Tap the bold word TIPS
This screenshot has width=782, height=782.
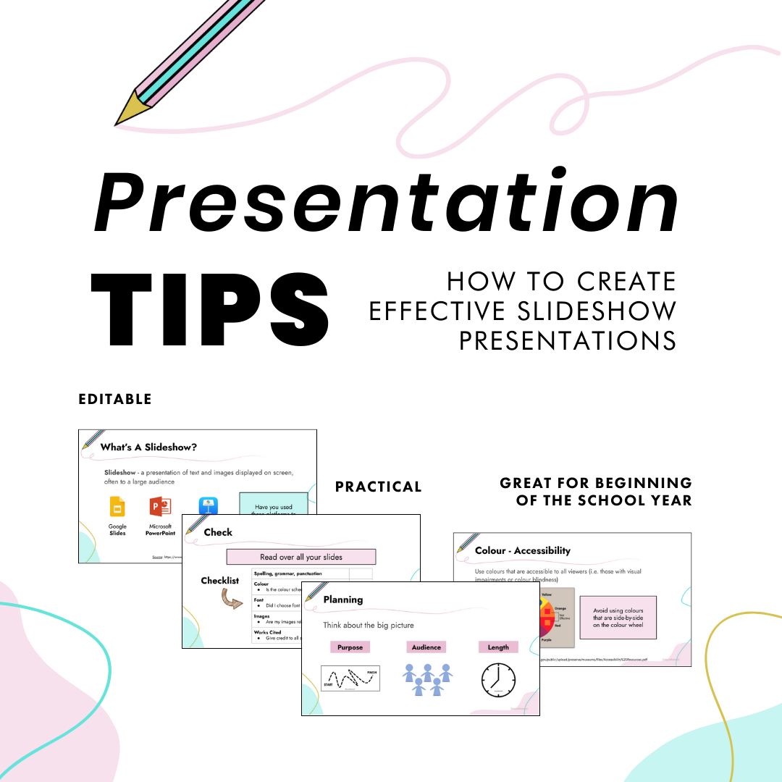(209, 310)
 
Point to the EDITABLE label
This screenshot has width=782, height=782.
(115, 400)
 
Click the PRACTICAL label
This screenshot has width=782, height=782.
(378, 487)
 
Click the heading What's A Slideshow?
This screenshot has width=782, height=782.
(148, 447)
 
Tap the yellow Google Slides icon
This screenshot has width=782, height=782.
(117, 506)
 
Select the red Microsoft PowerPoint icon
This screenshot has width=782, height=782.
(159, 506)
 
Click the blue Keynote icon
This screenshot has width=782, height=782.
(209, 506)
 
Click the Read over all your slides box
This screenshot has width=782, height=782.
(300, 557)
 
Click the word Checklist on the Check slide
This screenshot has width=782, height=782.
(219, 581)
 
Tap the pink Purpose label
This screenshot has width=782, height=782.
(350, 647)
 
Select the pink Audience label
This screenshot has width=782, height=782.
(426, 647)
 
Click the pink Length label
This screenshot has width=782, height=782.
(498, 647)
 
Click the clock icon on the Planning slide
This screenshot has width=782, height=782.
(499, 680)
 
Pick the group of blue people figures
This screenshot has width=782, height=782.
(427, 679)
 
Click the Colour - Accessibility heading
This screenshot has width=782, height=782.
(522, 551)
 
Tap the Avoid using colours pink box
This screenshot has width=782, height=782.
(618, 617)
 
